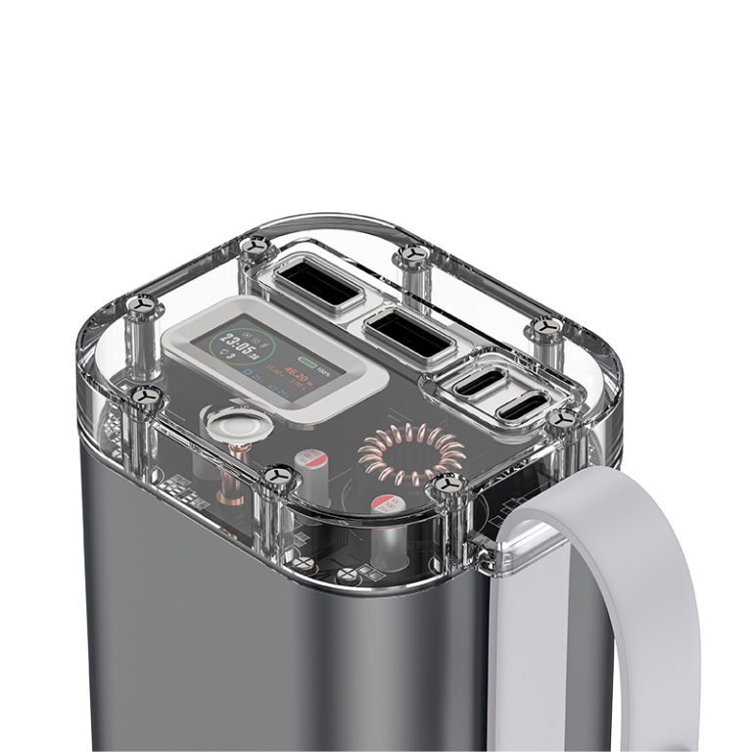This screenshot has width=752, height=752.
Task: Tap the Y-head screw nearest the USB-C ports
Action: pyautogui.click(x=561, y=418)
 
